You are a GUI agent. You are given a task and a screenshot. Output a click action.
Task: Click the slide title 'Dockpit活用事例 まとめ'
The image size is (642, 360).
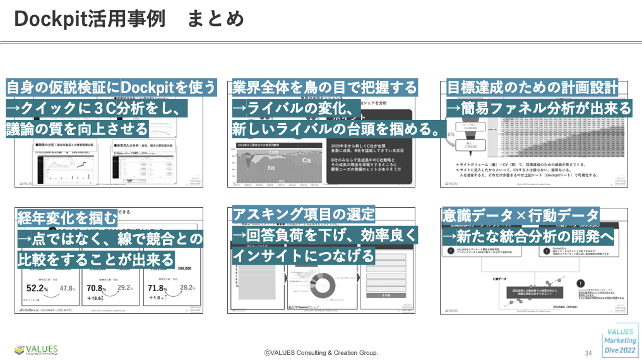click(129, 19)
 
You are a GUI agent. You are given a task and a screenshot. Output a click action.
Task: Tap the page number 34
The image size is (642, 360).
click(588, 352)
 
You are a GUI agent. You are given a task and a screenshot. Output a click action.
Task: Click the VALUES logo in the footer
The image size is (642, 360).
click(36, 349)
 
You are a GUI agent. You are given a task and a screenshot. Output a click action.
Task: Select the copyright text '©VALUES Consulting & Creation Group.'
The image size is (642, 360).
click(321, 352)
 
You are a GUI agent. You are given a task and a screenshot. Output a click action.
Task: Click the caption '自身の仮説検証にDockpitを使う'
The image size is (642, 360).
click(111, 87)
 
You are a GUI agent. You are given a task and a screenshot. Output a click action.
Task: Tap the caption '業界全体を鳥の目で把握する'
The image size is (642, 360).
click(324, 87)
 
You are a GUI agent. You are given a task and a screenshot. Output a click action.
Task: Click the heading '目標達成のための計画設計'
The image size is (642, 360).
click(532, 87)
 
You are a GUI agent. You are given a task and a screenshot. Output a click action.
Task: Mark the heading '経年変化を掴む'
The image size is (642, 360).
click(67, 218)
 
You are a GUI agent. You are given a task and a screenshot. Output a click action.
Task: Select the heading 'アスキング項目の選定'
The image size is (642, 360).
click(304, 213)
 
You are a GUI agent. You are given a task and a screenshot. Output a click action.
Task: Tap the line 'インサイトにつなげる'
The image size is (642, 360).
click(304, 256)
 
